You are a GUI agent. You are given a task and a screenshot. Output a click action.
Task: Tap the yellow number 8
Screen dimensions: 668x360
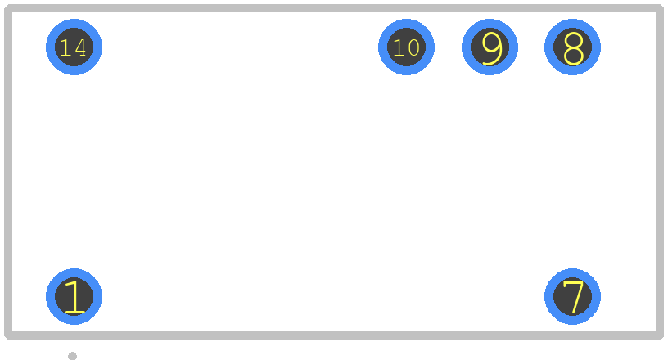[x=573, y=48]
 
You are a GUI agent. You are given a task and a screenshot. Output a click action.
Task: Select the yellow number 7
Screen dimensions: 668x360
[x=573, y=297]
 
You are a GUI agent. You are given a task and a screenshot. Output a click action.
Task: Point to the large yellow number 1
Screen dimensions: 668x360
[x=74, y=297]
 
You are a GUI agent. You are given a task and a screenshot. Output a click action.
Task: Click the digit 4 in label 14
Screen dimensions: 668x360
[x=81, y=47]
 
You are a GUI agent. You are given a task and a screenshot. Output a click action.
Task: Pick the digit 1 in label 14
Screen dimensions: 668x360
[x=65, y=47]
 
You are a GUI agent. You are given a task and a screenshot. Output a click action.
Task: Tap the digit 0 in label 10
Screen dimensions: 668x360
[x=413, y=47]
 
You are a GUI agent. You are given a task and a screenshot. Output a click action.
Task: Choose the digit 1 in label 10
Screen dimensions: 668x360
[x=399, y=47]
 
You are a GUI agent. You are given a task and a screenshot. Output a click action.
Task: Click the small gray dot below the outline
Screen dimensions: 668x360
[x=72, y=356]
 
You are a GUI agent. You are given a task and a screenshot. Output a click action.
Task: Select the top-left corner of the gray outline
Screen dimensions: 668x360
[x=8, y=8]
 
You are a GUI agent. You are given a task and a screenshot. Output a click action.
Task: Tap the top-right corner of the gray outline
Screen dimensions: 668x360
[x=660, y=8]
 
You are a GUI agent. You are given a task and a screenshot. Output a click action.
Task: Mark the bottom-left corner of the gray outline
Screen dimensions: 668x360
[x=8, y=335]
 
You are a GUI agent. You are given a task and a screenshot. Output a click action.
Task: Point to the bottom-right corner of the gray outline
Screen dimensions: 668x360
[x=660, y=335]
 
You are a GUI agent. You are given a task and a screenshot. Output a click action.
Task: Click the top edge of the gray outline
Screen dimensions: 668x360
[x=334, y=8]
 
